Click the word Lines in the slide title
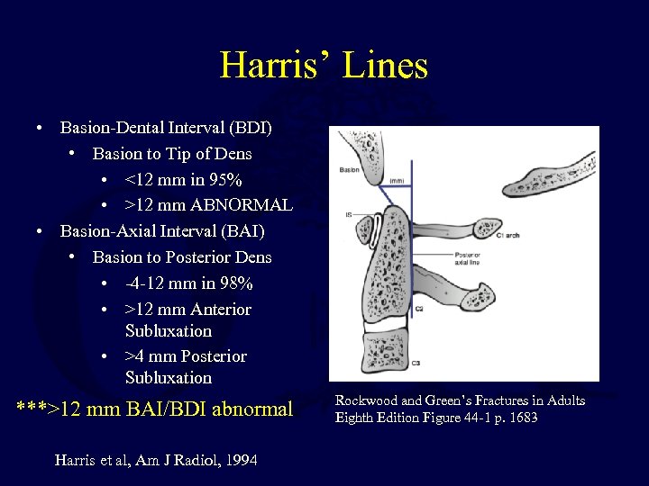click(x=382, y=66)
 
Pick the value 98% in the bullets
click(x=236, y=283)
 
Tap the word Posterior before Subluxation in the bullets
click(x=215, y=356)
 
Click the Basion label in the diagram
click(x=348, y=169)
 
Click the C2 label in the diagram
click(x=420, y=309)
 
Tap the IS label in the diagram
click(x=347, y=214)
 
